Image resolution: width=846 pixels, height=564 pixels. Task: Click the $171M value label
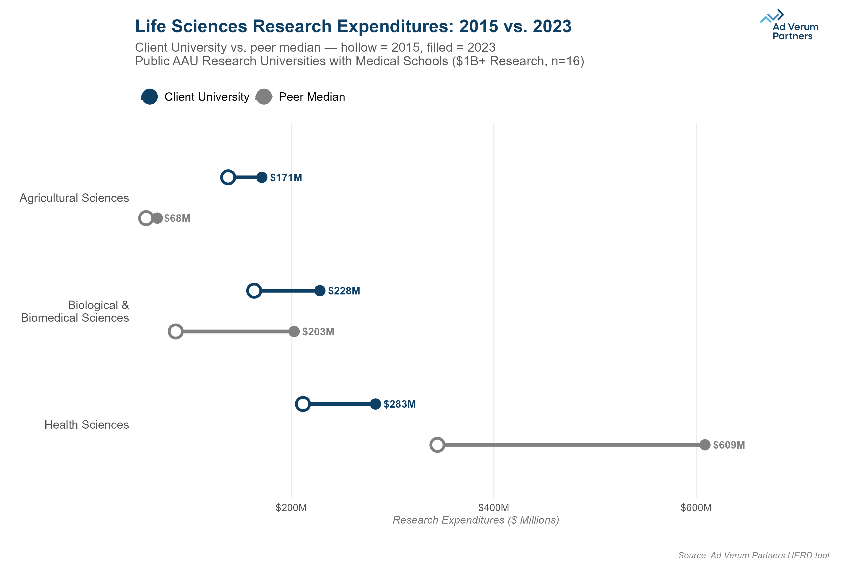coord(286,178)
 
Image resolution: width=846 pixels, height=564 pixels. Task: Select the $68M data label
coord(177,218)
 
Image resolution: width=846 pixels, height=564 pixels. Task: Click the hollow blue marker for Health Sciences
coord(303,404)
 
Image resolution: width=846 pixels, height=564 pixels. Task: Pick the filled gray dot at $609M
coord(705,445)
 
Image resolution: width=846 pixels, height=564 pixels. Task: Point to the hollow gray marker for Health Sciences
coord(437,445)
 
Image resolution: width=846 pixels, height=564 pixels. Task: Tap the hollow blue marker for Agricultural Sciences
coord(228,177)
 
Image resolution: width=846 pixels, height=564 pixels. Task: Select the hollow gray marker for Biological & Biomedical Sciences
coord(176,331)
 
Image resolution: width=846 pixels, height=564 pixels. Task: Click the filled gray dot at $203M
coord(294,331)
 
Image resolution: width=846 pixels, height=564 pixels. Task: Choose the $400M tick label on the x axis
coord(493,508)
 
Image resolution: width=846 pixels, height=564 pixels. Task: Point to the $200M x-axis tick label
coord(291,508)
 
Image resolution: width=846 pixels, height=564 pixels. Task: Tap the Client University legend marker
coord(150,97)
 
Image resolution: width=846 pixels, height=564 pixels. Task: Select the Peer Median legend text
coord(312,97)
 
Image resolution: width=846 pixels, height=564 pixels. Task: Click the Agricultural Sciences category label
coord(74,198)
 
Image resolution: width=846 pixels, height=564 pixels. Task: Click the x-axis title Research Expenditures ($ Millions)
coord(475,520)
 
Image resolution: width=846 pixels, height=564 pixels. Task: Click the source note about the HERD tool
coord(753,555)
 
